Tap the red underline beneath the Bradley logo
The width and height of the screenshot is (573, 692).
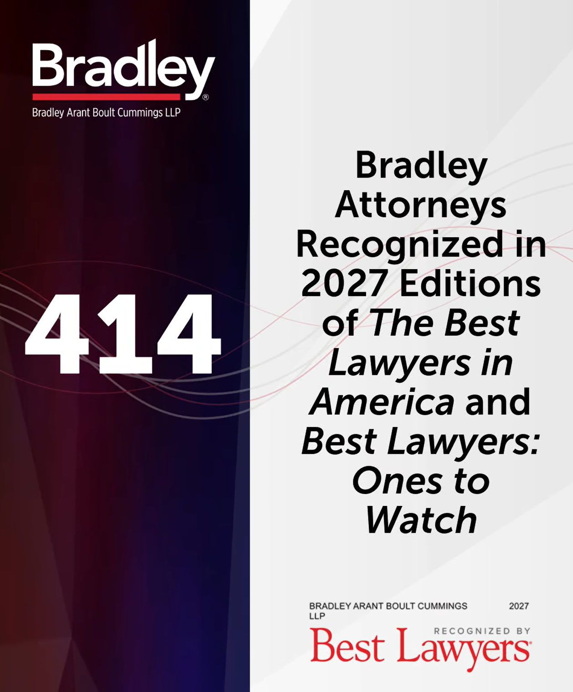tap(106, 96)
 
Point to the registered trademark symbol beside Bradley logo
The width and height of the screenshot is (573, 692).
tap(206, 97)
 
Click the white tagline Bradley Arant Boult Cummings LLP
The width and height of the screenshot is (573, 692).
tap(106, 113)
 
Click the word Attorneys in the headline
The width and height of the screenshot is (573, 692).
tap(421, 207)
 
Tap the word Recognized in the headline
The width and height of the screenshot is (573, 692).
tap(399, 246)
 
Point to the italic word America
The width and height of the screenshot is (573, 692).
tap(382, 402)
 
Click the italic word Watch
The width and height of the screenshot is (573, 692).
tap(421, 520)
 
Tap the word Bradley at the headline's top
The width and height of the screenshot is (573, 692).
tap(421, 168)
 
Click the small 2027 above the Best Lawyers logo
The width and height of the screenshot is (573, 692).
tap(519, 606)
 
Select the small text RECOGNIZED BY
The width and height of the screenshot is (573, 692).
tap(482, 631)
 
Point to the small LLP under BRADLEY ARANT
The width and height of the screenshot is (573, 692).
tap(317, 616)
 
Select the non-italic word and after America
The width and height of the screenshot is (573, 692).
tap(498, 402)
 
